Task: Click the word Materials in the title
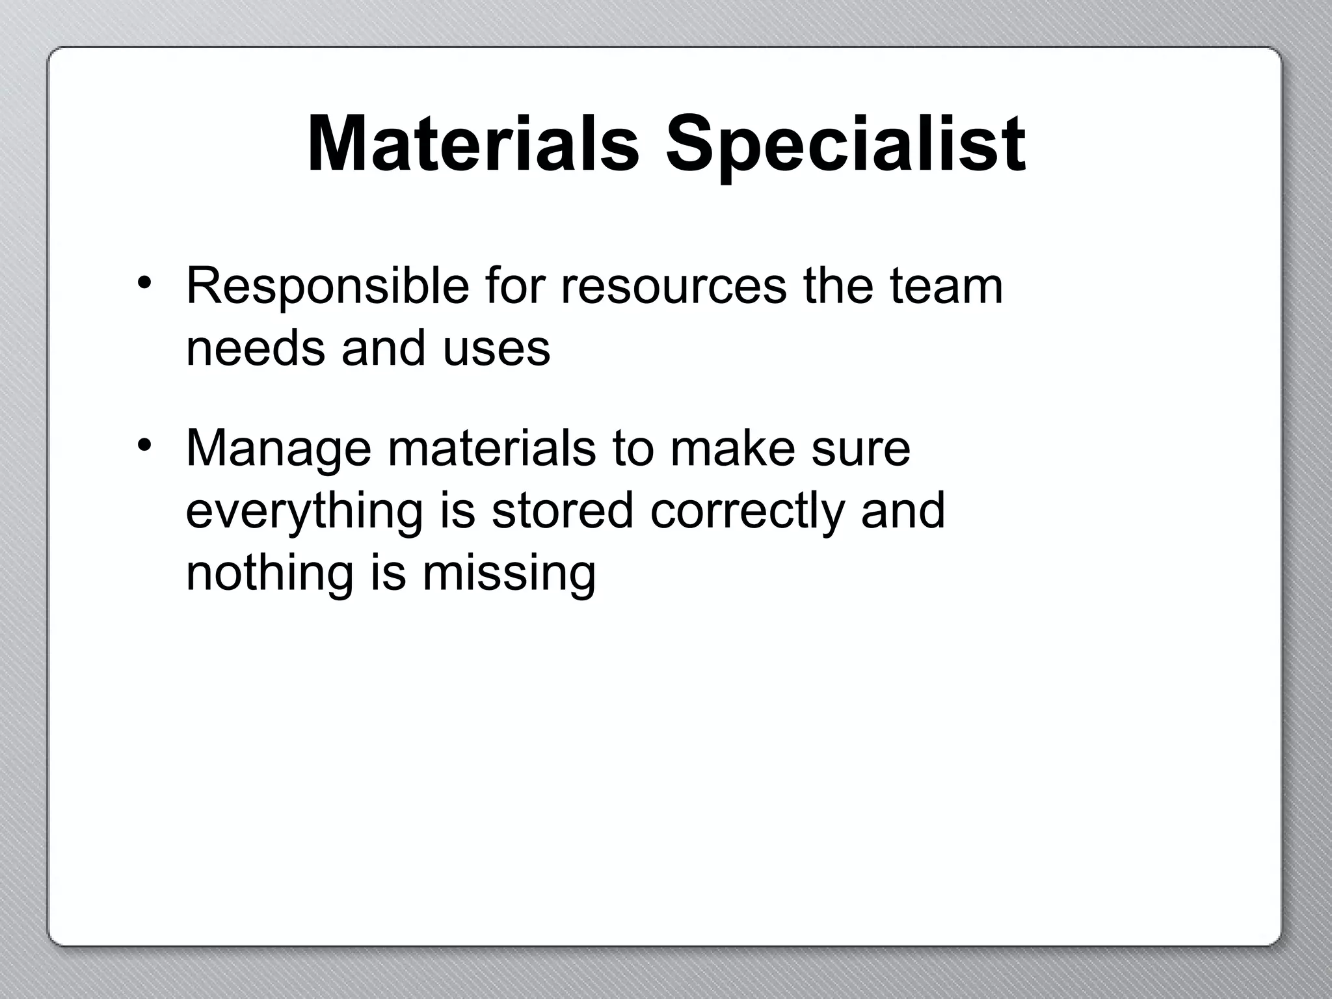(473, 144)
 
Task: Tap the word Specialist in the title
(845, 144)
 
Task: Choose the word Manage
(278, 449)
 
